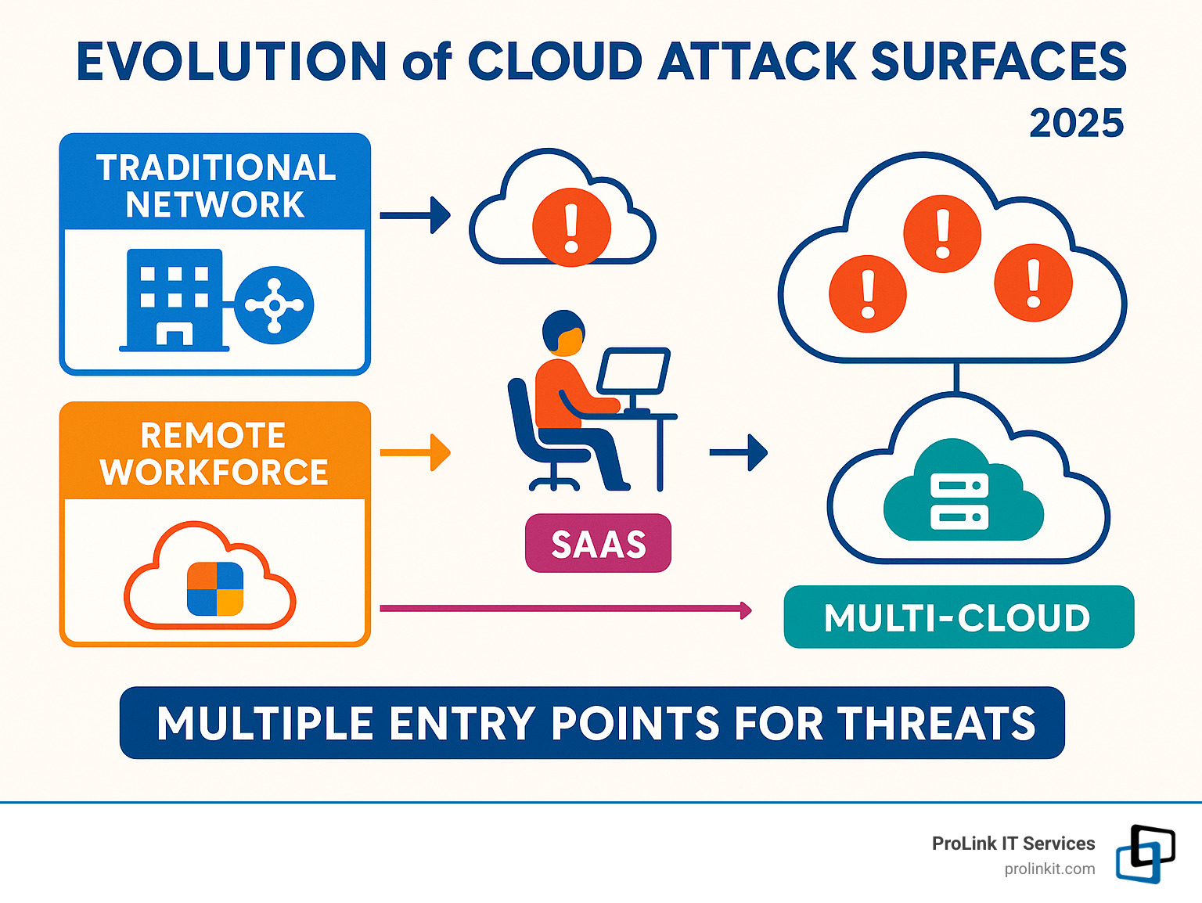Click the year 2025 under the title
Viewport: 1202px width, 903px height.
[1076, 124]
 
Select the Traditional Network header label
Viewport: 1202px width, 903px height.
[215, 185]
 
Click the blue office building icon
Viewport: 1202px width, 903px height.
[175, 299]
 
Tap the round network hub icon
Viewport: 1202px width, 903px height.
[274, 305]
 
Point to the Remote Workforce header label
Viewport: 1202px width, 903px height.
[214, 454]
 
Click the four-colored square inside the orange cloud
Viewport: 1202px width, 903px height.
[215, 588]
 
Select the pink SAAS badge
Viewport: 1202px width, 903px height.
[598, 544]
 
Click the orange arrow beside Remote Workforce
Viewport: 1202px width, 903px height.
[416, 452]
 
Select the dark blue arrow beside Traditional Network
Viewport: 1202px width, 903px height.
[416, 215]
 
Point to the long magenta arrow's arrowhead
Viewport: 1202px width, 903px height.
[746, 610]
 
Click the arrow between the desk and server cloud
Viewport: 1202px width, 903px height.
[739, 452]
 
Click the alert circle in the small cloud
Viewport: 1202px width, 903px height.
[571, 227]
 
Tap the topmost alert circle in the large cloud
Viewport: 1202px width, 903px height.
[942, 233]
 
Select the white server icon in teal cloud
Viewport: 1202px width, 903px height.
[959, 501]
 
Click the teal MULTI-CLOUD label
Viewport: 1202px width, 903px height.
[958, 617]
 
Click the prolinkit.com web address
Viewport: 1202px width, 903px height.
[1049, 869]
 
